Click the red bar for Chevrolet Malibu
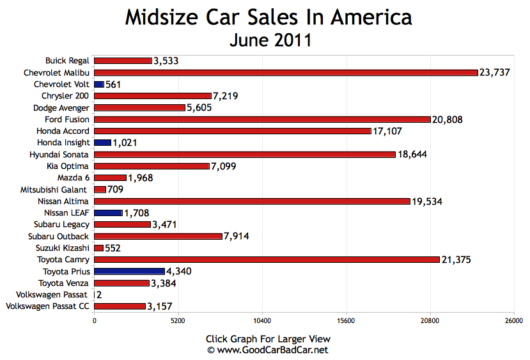tap(286, 72)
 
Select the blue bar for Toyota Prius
tap(129, 271)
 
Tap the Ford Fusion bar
tap(262, 119)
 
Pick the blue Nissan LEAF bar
tap(108, 213)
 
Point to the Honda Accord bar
tap(233, 131)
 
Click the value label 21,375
tap(458, 260)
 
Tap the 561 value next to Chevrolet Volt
tap(114, 84)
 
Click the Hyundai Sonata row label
tap(59, 155)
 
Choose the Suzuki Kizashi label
tap(63, 247)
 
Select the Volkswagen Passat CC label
tap(47, 306)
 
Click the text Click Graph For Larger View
tap(268, 339)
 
